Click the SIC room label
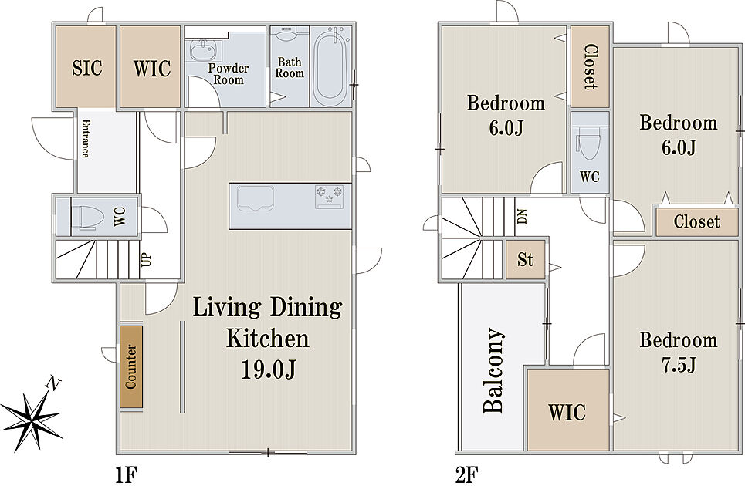coord(87,68)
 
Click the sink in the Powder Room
coord(204,50)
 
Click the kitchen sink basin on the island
coord(256,197)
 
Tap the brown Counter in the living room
coord(131,366)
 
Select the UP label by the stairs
coord(147,259)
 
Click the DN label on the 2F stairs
coord(522,217)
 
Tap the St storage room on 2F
coord(525,260)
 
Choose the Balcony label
coord(493,370)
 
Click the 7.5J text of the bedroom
coord(679,365)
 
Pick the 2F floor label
coord(466,474)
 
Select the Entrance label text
coord(86,138)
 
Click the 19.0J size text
coord(269,370)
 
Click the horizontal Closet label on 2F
coord(696,221)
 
